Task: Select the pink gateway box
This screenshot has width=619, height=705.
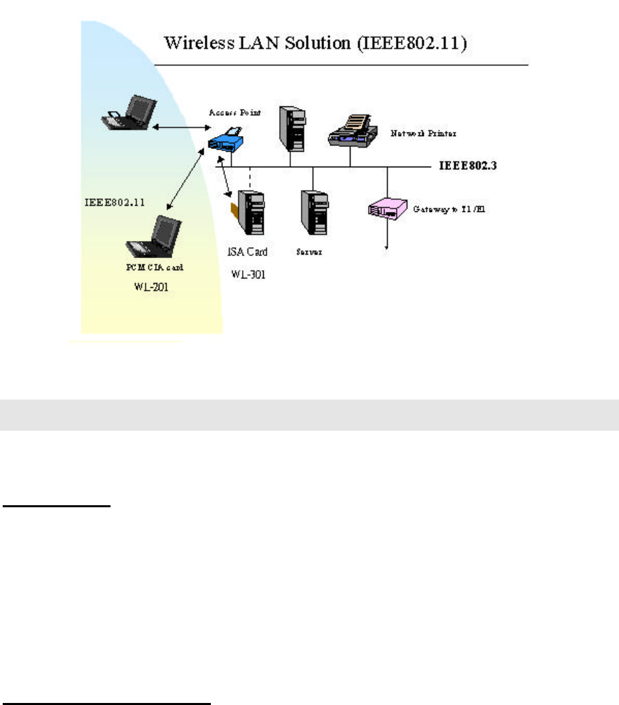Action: click(385, 208)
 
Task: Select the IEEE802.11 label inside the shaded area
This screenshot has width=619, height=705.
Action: click(113, 201)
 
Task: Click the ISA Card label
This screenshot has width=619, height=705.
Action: click(247, 252)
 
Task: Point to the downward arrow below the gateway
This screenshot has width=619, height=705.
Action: click(387, 236)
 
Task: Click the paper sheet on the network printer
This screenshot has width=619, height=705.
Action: click(357, 122)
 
